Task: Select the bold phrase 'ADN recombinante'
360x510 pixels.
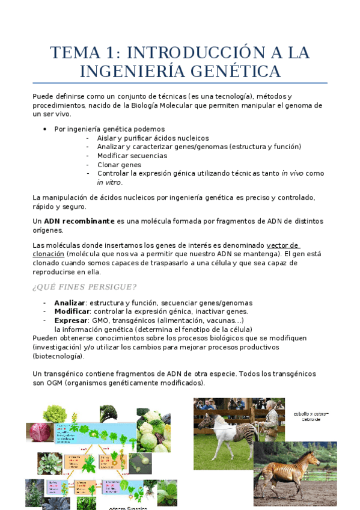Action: tap(79, 221)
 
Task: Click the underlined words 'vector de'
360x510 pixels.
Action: tap(283, 245)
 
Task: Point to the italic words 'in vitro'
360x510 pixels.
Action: tap(109, 183)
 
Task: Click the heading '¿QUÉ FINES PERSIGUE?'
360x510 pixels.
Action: tap(84, 286)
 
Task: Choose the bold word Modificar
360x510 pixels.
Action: tap(72, 312)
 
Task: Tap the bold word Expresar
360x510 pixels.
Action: tap(71, 321)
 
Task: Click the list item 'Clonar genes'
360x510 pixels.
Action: tap(119, 165)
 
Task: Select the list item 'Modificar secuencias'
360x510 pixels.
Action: tap(132, 156)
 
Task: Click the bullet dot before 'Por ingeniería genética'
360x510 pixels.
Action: tap(46, 129)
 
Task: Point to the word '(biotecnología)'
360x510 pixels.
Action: tap(58, 356)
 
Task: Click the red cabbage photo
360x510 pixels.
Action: tap(40, 432)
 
